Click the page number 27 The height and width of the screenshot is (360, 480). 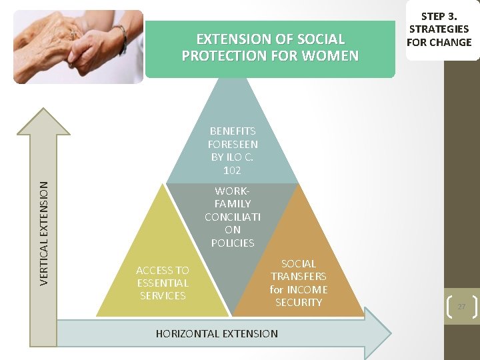click(461, 306)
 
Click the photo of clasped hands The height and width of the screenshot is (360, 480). click(79, 47)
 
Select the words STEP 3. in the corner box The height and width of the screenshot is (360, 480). click(439, 15)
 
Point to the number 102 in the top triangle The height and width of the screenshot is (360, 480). click(232, 170)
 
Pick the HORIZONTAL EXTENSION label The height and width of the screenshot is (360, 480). click(217, 333)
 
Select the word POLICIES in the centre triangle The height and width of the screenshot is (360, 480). click(233, 243)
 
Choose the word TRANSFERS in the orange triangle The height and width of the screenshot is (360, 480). click(298, 276)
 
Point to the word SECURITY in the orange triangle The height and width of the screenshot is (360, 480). click(299, 302)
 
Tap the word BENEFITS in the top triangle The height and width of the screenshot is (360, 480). click(233, 131)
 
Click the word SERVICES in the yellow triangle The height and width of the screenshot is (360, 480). click(163, 295)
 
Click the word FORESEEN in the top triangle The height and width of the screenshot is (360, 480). click(233, 144)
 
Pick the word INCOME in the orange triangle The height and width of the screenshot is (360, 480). click(307, 289)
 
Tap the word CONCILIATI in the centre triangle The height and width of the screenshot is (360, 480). click(233, 217)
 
